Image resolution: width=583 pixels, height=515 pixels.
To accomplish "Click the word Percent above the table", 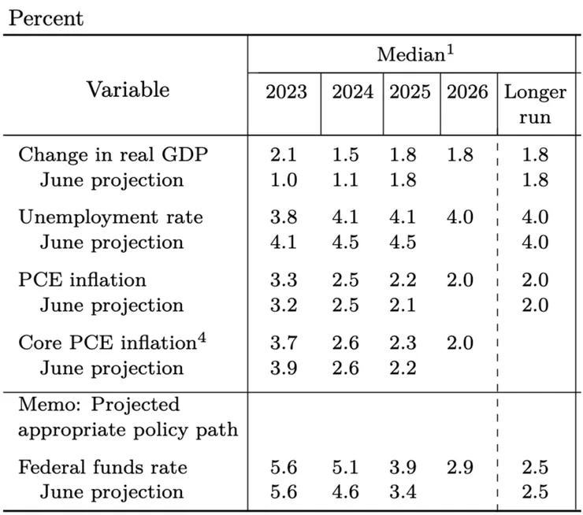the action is (46, 18).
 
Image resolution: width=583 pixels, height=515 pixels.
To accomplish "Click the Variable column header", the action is (128, 90).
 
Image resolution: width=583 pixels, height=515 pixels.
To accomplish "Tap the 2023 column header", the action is (286, 92).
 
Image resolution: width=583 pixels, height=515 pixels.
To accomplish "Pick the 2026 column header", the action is (467, 92).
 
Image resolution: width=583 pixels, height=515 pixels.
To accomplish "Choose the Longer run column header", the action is (535, 105).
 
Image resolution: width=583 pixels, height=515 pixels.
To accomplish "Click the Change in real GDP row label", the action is (113, 154).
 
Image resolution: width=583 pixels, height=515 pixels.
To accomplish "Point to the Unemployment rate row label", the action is (111, 217).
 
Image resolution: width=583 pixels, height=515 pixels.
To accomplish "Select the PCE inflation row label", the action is (82, 280).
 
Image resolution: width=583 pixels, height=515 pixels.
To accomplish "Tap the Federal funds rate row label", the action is (102, 467).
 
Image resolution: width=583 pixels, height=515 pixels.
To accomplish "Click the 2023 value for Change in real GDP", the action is (284, 154).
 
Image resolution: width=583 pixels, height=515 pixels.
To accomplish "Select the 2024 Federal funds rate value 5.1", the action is (345, 467).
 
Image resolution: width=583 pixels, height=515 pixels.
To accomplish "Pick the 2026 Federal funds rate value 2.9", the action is (460, 467).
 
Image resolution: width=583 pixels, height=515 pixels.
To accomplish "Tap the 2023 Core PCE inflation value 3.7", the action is (284, 343).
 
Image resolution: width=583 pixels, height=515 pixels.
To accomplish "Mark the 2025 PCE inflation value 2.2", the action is (403, 280).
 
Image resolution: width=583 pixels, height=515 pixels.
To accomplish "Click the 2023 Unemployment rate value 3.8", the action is (284, 217).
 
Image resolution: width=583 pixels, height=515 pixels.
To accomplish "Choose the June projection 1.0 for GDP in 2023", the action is (284, 180).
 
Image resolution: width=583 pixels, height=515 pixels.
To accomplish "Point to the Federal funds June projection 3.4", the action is (403, 492).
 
